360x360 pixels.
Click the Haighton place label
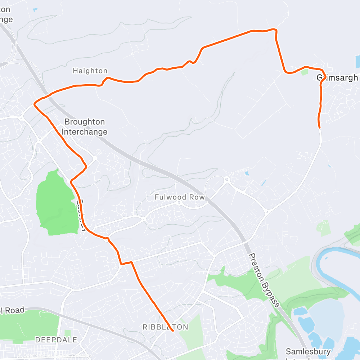pos(90,71)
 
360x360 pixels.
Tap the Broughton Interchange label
pos(84,127)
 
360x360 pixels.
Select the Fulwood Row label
pos(180,197)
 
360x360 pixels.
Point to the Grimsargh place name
pos(338,77)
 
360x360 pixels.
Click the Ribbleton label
pos(165,327)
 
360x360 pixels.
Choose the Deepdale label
pos(56,339)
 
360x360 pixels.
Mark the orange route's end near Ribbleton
pos(173,331)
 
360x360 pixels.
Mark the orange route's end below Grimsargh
pos(319,127)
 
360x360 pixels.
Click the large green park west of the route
pos(56,203)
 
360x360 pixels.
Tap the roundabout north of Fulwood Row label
pos(226,179)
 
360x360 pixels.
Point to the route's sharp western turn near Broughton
pos(35,104)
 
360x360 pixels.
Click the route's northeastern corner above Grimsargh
pos(275,30)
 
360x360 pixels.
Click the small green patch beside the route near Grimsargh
pos(305,72)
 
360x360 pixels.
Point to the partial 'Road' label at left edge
pos(13,310)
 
